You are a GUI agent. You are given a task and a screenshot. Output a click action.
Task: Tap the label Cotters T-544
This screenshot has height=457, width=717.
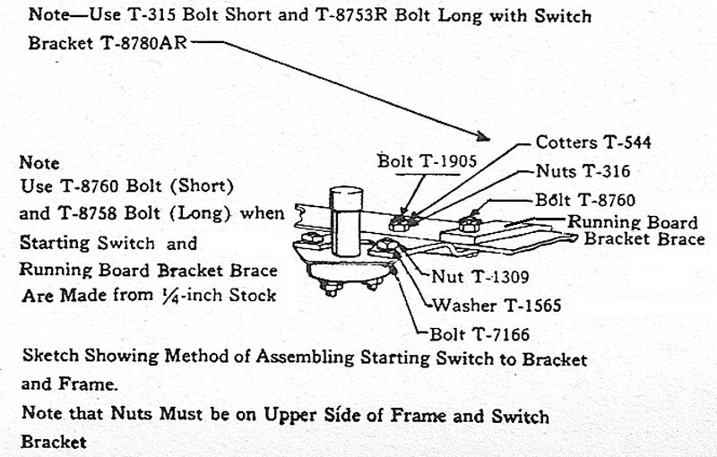[x=593, y=142]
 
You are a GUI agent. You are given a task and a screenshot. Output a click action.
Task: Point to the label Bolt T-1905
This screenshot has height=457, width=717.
[x=419, y=161]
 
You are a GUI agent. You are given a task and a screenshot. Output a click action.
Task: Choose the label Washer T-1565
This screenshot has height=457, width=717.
[x=497, y=306]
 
